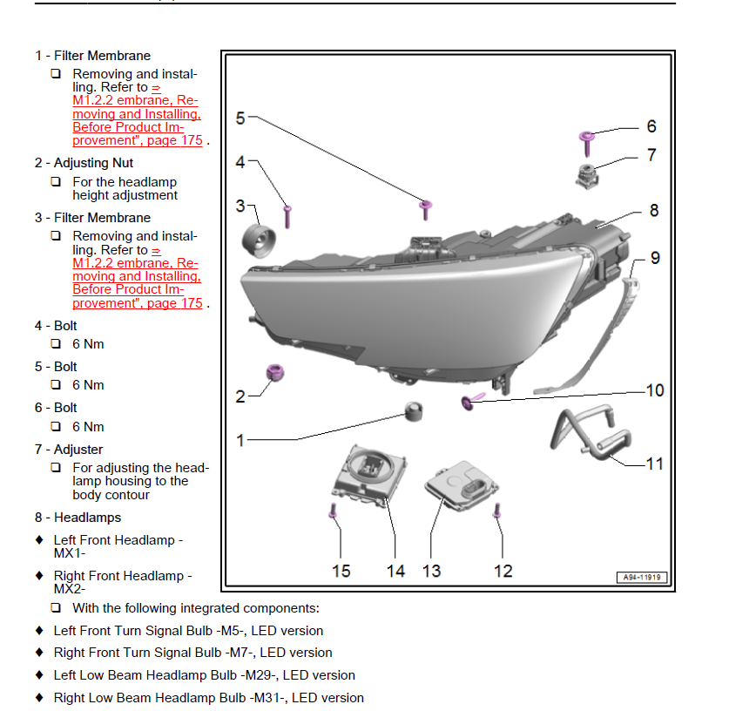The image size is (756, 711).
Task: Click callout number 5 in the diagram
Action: point(241,118)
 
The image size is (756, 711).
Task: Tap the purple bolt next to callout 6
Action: point(586,139)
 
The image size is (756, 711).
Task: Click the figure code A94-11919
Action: point(642,577)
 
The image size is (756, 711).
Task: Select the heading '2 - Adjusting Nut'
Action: point(84,163)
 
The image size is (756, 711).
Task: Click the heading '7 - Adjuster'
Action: point(69,450)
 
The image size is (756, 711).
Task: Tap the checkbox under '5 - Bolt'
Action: point(56,385)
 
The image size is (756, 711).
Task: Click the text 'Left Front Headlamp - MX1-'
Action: point(118,546)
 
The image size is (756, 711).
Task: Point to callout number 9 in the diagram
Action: point(654,258)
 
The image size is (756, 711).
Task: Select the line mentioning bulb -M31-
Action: point(208,697)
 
